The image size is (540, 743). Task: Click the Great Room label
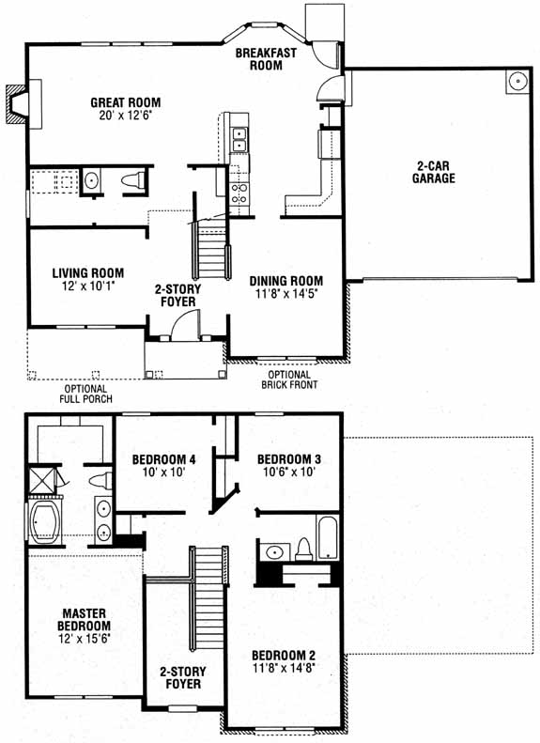pyautogui.click(x=126, y=102)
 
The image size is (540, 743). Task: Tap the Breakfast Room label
pyautogui.click(x=266, y=59)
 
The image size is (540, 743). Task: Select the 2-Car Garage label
pyautogui.click(x=434, y=172)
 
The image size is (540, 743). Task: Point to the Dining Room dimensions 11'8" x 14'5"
pyautogui.click(x=286, y=294)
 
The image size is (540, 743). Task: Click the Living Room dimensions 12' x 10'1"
pyautogui.click(x=88, y=286)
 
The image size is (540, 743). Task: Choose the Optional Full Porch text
pyautogui.click(x=85, y=394)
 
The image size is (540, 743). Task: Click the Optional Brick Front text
pyautogui.click(x=289, y=379)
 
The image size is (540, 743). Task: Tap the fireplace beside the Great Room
pyautogui.click(x=18, y=103)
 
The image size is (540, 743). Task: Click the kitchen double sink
pyautogui.click(x=239, y=139)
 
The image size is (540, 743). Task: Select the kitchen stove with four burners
pyautogui.click(x=239, y=193)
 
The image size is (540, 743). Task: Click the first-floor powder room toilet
pyautogui.click(x=133, y=180)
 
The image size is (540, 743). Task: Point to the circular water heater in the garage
pyautogui.click(x=518, y=82)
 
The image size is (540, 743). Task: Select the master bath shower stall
pyautogui.click(x=42, y=480)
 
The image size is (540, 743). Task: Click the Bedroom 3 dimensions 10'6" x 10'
pyautogui.click(x=289, y=472)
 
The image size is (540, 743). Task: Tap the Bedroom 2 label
pyautogui.click(x=284, y=656)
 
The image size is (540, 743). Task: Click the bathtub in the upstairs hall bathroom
pyautogui.click(x=328, y=538)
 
